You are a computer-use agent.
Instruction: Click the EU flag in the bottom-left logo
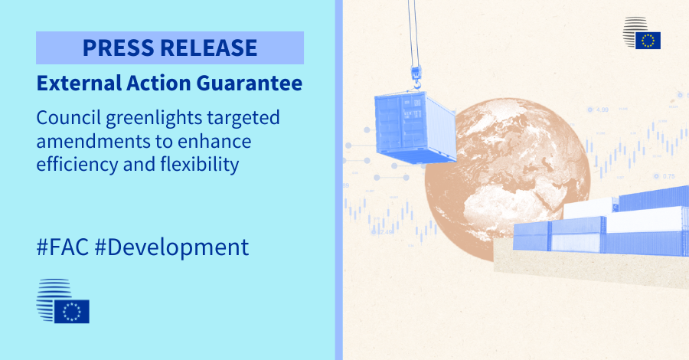pyautogui.click(x=72, y=311)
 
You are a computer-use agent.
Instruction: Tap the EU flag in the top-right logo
pyautogui.click(x=648, y=40)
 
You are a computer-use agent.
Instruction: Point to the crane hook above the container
pyautogui.click(x=416, y=74)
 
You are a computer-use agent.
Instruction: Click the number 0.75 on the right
pyautogui.click(x=668, y=176)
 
